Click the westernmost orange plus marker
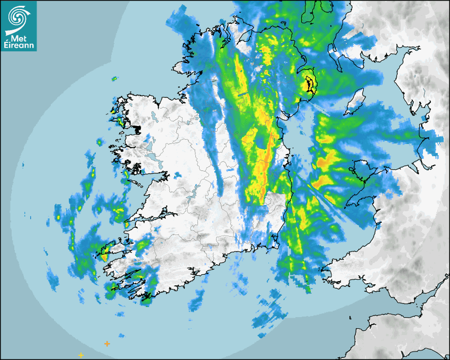point(80,355)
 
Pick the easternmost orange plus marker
point(107,344)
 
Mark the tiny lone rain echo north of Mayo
point(114,79)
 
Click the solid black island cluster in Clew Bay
point(137,129)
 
